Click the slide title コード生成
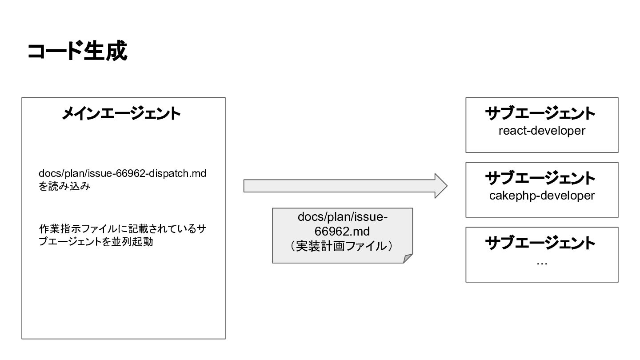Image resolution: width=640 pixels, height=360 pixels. tap(77, 51)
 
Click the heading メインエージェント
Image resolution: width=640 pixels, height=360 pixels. tap(121, 113)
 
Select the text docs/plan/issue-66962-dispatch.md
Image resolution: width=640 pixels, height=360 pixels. tap(122, 173)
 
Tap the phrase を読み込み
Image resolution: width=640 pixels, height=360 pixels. tap(64, 186)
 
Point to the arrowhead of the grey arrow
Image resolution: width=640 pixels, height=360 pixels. tap(440, 186)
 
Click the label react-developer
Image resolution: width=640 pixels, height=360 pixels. tap(542, 131)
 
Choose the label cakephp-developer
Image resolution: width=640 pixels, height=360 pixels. tap(542, 196)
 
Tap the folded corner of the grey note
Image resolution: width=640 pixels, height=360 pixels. tap(408, 259)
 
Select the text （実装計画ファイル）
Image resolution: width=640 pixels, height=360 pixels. tap(342, 246)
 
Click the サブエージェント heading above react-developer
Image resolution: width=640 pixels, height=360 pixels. tap(540, 113)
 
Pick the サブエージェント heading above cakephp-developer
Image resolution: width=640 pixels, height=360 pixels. tap(540, 178)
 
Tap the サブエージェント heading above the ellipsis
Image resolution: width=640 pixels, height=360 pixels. tap(540, 243)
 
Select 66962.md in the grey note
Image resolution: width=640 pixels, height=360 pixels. tap(342, 232)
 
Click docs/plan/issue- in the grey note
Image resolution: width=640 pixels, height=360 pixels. tap(342, 217)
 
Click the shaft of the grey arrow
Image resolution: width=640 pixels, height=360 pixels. tap(338, 186)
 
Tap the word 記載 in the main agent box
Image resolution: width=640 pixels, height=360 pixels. tap(139, 229)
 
